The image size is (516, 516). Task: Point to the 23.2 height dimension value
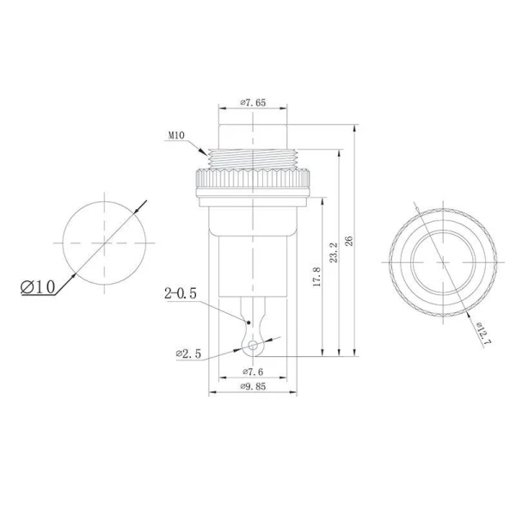[x=332, y=254]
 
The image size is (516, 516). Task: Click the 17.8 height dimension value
[x=316, y=279]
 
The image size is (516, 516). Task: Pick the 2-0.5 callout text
[x=181, y=294]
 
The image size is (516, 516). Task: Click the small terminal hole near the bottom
[x=253, y=346]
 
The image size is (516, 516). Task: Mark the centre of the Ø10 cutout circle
[x=102, y=244]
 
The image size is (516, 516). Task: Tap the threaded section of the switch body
[x=253, y=157]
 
